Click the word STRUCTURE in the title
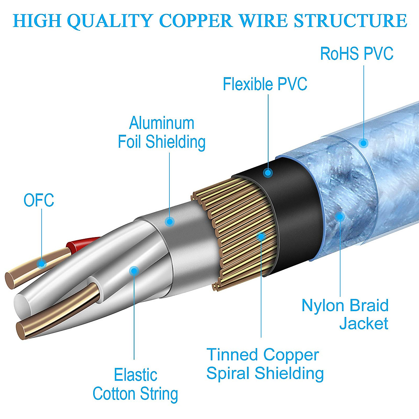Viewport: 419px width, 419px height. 350,21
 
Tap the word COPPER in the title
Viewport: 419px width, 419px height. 197,21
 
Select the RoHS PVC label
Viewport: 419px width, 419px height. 356,54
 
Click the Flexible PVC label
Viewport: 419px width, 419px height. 265,84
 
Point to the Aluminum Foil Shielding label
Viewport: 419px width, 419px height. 162,133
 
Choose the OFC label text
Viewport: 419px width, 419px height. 39,200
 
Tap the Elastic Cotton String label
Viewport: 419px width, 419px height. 135,384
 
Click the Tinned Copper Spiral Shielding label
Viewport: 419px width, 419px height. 265,364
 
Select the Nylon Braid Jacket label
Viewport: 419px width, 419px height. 345,314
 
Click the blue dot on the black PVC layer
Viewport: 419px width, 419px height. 268,172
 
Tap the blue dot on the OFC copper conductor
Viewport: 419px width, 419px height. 42,263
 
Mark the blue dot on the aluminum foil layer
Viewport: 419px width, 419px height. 170,221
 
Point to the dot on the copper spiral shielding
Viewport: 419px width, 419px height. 261,236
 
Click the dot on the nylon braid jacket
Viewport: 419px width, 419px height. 340,216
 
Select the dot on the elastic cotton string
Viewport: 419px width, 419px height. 134,271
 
